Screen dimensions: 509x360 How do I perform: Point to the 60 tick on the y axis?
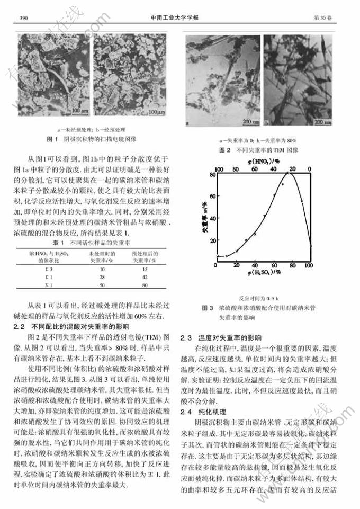click(210, 195)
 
